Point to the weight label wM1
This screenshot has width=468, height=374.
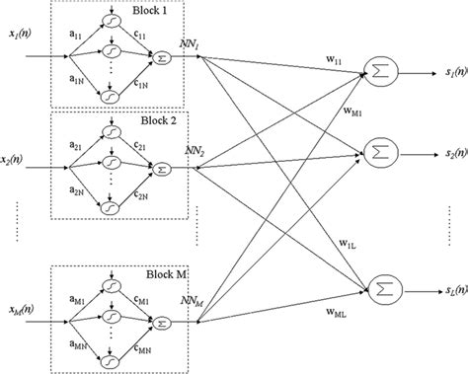tap(351, 112)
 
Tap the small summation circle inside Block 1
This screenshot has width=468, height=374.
tap(163, 60)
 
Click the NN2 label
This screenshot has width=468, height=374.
tap(191, 153)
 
